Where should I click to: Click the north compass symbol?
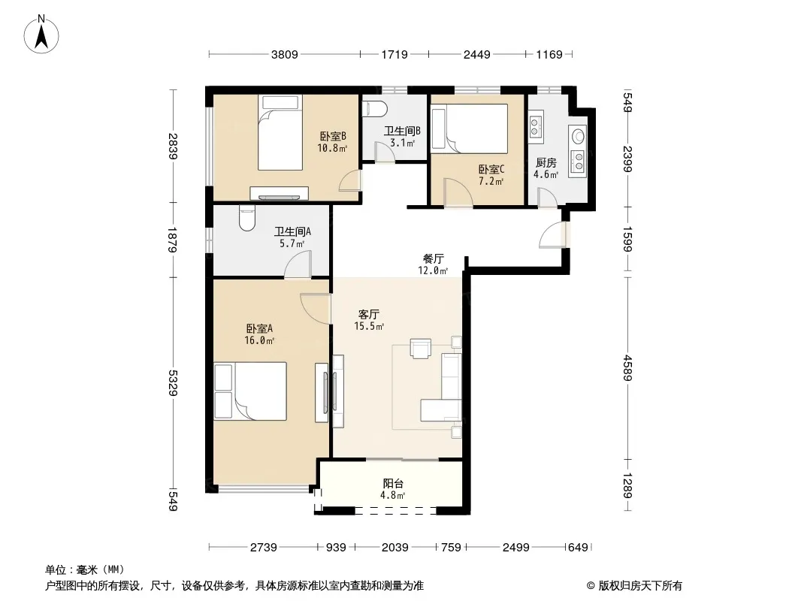(41, 35)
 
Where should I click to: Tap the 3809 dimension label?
(285, 54)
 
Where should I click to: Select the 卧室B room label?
(333, 136)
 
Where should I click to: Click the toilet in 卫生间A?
(246, 218)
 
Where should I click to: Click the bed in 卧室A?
(250, 391)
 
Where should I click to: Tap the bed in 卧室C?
(470, 128)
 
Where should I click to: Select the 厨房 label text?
(546, 163)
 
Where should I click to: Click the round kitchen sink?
(579, 136)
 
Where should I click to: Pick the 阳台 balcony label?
(393, 483)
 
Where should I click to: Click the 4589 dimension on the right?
(628, 368)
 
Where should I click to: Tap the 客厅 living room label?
(369, 314)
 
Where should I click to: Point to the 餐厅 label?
(434, 259)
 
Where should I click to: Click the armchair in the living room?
(421, 349)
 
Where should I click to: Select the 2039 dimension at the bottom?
(395, 548)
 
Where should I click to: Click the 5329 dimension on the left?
(173, 383)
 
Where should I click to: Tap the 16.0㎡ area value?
(259, 340)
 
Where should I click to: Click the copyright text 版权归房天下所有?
(640, 586)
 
